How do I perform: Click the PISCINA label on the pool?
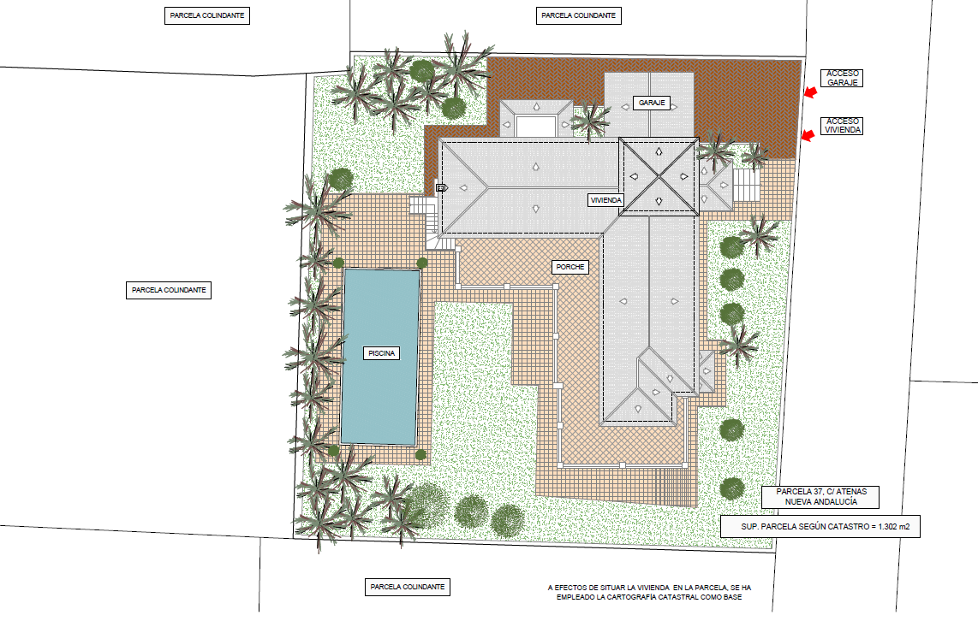point(381,353)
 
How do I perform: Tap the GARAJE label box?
point(652,103)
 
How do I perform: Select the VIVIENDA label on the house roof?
point(605,200)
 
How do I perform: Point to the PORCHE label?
point(570,267)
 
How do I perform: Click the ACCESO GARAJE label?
point(842,78)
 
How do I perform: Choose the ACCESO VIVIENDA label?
point(842,126)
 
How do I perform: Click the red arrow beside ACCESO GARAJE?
point(809,92)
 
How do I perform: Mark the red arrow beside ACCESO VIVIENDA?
point(808,135)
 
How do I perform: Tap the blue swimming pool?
point(380,357)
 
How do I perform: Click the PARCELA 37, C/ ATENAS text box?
point(820,496)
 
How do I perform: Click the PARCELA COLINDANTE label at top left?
point(207,15)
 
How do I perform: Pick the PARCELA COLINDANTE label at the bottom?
point(408,587)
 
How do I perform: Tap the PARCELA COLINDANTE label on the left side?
point(169,290)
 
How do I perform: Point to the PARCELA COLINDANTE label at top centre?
point(578,15)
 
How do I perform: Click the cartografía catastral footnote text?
point(649,592)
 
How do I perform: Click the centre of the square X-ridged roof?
point(659,177)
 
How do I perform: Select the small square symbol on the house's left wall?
point(440,187)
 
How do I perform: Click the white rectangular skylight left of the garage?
point(536,126)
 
